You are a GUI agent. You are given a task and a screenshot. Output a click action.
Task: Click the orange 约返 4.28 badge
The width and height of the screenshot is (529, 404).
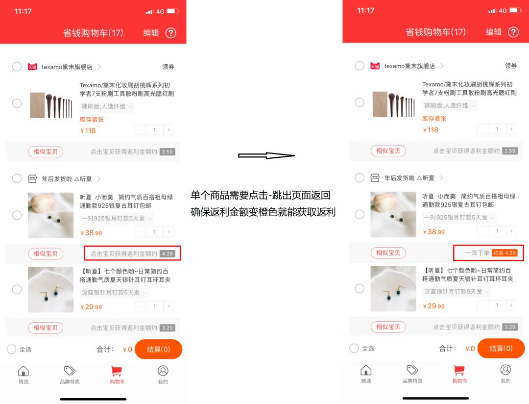coord(505,253)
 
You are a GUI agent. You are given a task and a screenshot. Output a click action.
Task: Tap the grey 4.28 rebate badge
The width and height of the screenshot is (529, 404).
coord(168,254)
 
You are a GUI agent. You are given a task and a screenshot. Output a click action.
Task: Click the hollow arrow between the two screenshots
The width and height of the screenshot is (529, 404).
coord(266,155)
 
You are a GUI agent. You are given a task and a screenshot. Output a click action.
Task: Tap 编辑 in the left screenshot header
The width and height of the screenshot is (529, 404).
coord(151,32)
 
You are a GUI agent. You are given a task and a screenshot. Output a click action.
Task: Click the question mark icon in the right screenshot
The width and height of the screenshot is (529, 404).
coord(513,32)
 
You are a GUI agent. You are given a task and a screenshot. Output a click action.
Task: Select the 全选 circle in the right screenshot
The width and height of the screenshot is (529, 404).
coord(354,348)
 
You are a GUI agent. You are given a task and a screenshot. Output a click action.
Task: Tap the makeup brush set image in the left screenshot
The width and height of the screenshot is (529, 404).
coord(51,104)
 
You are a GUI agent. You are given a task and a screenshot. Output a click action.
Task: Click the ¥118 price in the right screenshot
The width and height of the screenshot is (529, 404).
coord(431,130)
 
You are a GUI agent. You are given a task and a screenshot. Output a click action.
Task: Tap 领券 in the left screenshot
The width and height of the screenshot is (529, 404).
coord(168,67)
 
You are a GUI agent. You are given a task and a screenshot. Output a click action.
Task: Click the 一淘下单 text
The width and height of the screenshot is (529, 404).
coord(477,253)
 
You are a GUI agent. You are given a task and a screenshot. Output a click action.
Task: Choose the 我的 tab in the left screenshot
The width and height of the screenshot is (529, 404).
coord(163,375)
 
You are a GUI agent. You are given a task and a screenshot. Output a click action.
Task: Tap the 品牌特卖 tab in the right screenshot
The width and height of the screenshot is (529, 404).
coord(412,374)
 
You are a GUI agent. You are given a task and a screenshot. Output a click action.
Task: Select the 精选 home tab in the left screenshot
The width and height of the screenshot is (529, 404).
coord(23,375)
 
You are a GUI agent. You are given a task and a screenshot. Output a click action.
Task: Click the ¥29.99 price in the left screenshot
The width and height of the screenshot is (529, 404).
coord(91,307)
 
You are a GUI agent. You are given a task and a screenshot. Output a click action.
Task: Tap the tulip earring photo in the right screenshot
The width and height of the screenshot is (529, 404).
coord(393,214)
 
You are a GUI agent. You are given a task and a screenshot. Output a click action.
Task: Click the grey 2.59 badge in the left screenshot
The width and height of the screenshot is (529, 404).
coord(168,152)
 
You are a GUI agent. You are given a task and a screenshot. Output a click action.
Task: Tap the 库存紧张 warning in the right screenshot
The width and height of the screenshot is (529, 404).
coord(434,119)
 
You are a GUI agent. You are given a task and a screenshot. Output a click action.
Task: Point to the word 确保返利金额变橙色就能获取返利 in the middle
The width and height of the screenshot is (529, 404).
coord(263,213)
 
